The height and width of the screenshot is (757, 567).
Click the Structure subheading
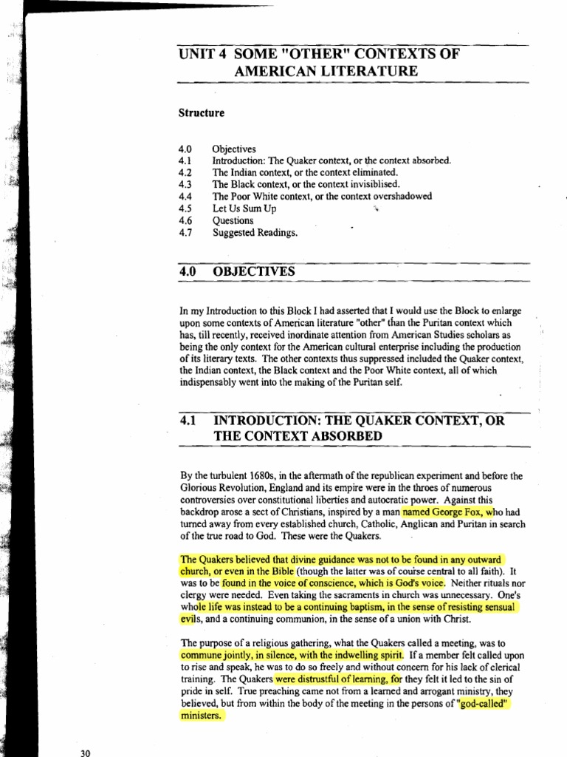click(202, 113)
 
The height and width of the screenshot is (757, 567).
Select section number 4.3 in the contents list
click(185, 184)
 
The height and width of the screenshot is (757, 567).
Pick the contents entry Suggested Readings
click(255, 232)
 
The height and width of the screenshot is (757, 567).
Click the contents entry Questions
click(233, 220)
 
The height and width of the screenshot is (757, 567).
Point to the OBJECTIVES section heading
click(253, 271)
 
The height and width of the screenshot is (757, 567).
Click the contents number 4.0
click(185, 149)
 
